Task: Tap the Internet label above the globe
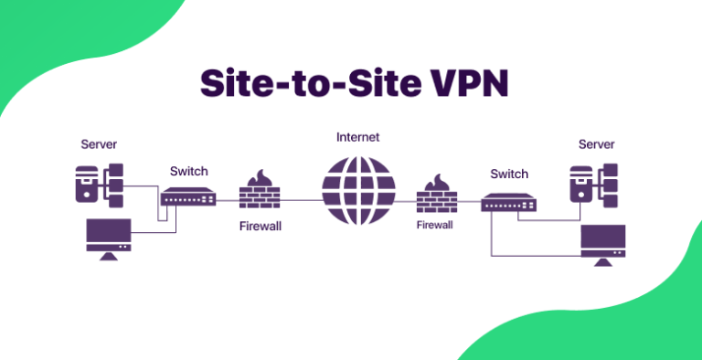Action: click(x=357, y=138)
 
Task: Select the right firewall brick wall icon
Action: click(x=437, y=197)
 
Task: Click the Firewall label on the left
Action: click(x=260, y=225)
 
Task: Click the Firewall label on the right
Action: click(x=437, y=225)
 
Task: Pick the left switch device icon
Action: click(x=188, y=197)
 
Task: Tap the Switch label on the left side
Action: click(x=188, y=171)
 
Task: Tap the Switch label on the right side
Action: click(x=509, y=174)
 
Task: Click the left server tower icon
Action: click(x=89, y=182)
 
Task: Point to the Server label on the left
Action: click(x=99, y=144)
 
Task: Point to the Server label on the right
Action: click(x=597, y=144)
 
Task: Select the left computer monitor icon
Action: click(x=109, y=238)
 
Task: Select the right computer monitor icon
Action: click(x=602, y=245)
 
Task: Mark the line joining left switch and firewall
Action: click(x=228, y=196)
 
